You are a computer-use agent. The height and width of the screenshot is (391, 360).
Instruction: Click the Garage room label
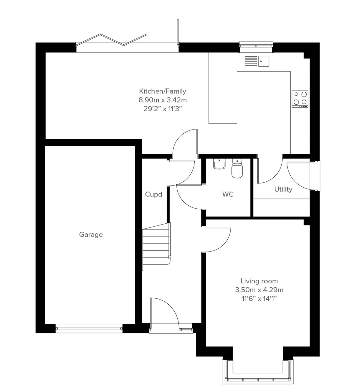pos(91,234)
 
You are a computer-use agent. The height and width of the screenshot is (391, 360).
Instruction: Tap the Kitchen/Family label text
pos(163,91)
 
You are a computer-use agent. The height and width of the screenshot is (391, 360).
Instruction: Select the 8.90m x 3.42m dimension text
pos(163,100)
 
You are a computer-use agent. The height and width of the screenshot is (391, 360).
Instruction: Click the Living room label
pos(259,281)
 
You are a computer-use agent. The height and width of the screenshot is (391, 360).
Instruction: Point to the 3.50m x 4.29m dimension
pos(259,290)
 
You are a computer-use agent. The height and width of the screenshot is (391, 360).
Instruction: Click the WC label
pos(228,194)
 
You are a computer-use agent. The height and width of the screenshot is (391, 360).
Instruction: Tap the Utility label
pos(283,189)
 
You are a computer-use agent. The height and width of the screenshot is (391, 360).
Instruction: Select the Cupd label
pos(154,194)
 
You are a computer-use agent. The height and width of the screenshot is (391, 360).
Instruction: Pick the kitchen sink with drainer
pos(257,61)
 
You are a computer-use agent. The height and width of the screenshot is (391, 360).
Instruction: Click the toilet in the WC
pos(237,169)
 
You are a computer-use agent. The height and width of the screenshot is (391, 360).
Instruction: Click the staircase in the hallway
pos(156,244)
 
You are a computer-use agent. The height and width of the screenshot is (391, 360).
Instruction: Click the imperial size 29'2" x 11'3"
pos(163,109)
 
